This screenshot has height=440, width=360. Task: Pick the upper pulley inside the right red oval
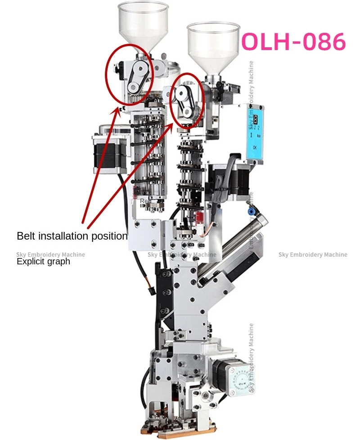coord(182,94)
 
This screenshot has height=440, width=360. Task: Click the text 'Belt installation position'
coord(72,236)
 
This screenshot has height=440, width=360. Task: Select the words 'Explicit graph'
coord(43,261)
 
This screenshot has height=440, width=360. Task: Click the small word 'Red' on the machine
coord(144,201)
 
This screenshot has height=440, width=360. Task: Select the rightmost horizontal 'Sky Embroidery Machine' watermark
coord(313,254)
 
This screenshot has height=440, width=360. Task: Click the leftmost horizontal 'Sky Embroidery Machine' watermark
coord(50,254)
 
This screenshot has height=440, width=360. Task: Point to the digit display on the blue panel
coord(254,121)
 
